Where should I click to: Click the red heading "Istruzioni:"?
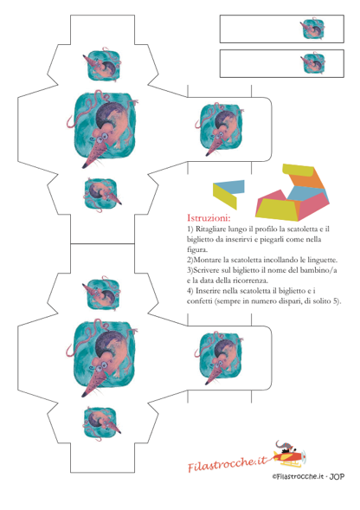coord(209,217)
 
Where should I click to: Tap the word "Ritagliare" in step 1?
coord(209,229)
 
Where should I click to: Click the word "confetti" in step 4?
coord(199,301)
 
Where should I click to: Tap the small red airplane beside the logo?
coord(289,455)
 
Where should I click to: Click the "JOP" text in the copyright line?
coord(337,476)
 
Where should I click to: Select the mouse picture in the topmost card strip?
coord(312,29)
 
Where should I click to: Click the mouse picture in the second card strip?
coord(312,62)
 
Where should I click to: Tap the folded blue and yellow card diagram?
coord(228,194)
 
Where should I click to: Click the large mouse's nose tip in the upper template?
coord(84,166)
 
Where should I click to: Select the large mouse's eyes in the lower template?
coord(100,366)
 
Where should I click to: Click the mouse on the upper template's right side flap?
coord(220,129)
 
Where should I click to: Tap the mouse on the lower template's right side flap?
coord(220,358)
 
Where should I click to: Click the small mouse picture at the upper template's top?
coord(102,65)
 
